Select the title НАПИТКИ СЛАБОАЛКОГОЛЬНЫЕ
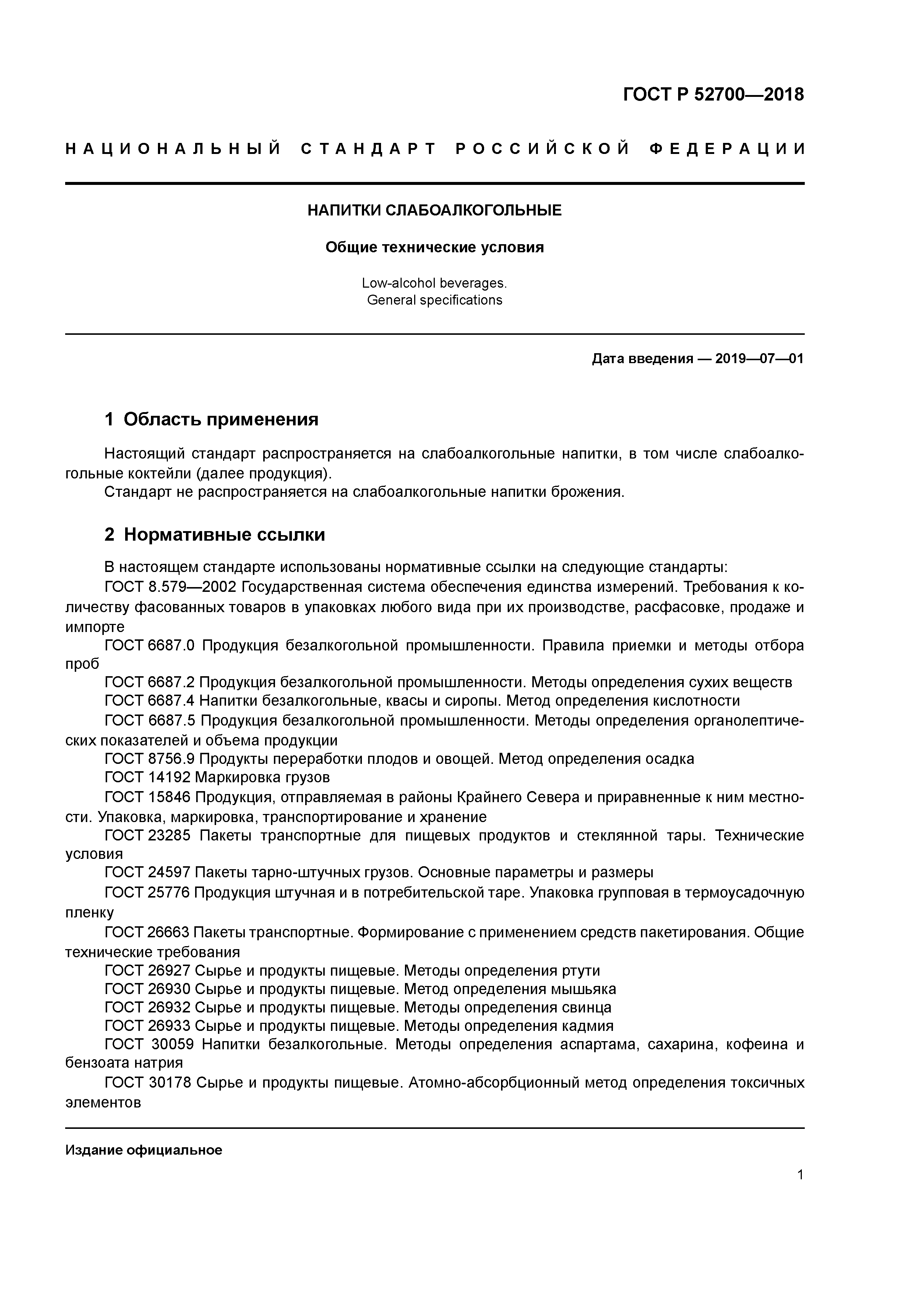[434, 210]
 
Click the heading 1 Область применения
[212, 419]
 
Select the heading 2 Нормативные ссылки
[215, 534]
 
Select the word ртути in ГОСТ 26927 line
[581, 970]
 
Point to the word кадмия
[587, 1025]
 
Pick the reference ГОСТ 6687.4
[149, 701]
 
